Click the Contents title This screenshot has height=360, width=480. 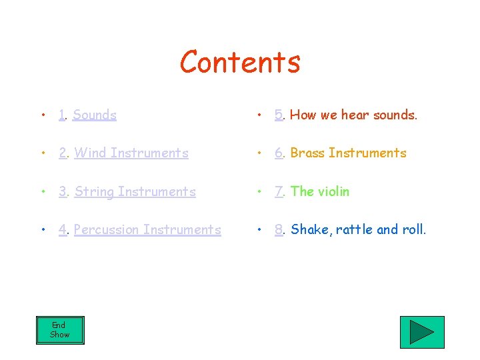tap(240, 62)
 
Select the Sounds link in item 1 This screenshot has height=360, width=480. tap(95, 115)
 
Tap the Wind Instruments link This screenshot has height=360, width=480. tap(131, 153)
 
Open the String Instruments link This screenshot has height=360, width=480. tap(135, 191)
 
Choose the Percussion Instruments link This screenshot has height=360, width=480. tap(147, 229)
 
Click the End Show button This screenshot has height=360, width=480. tap(60, 330)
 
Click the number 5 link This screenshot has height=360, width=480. tap(279, 115)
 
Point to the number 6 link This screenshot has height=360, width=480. tap(279, 153)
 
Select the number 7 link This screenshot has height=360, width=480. tap(279, 191)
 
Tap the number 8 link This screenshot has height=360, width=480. tap(279, 229)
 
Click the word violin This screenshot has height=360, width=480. tap(333, 191)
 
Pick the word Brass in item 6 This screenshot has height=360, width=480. tap(307, 153)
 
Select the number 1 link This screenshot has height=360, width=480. tap(62, 115)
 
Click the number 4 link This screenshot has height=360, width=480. tap(62, 229)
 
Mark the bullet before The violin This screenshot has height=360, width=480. tap(259, 192)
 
